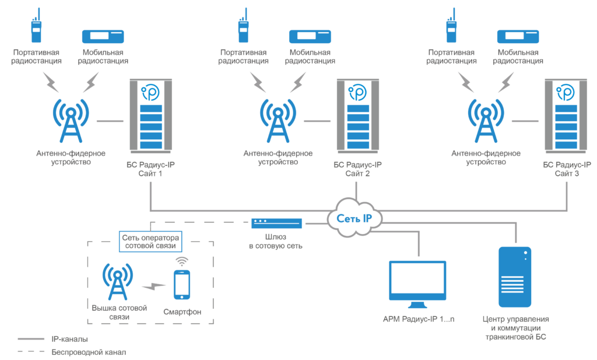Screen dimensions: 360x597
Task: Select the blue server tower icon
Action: point(515,277)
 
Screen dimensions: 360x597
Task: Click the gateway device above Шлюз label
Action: point(277,223)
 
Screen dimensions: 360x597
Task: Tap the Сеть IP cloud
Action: point(356,217)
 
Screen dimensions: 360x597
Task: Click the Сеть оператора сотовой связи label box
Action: point(150,242)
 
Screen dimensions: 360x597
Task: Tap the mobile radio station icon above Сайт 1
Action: point(103,37)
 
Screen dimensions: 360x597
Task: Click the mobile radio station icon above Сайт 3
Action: point(518,37)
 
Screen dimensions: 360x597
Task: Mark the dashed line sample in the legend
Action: point(31,352)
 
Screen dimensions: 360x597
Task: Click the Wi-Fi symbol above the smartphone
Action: point(182,260)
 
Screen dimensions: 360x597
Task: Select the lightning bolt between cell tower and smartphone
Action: point(154,286)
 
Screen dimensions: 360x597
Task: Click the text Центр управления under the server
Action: point(516,319)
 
